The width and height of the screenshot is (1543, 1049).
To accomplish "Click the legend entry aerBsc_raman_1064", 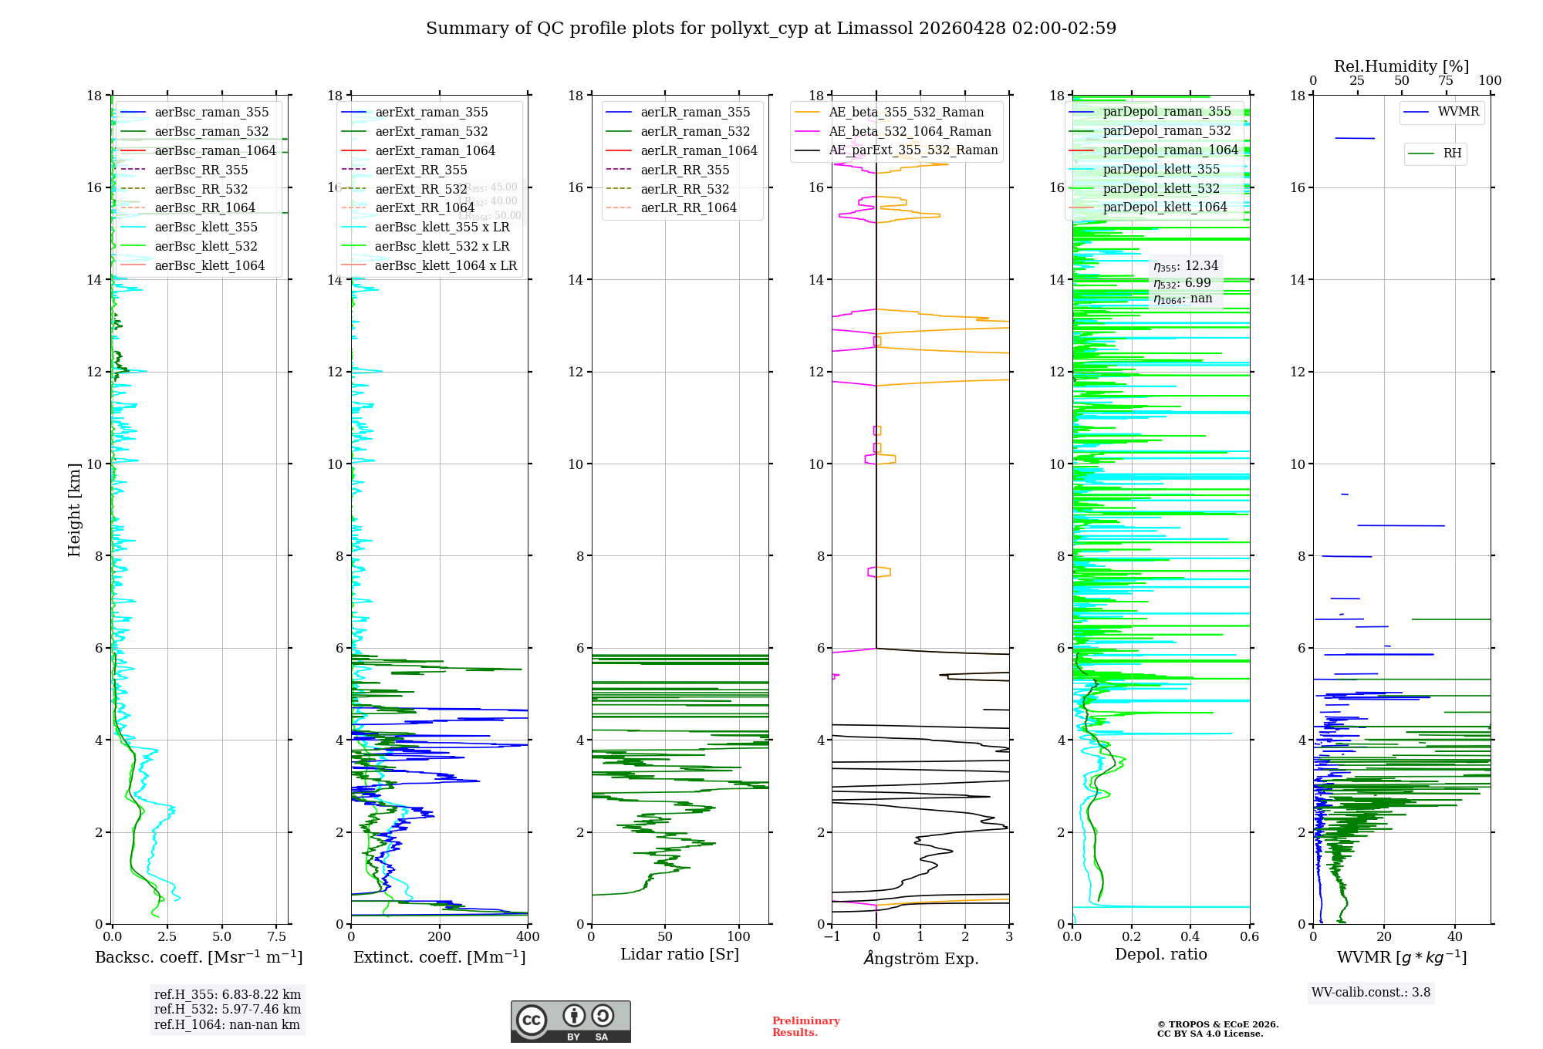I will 214,151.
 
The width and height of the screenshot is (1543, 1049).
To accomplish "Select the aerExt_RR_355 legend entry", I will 421,170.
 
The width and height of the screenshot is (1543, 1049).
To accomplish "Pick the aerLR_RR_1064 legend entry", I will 688,208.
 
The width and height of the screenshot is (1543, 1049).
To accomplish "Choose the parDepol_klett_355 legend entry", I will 1161,170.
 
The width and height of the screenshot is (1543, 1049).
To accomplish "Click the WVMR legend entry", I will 1458,113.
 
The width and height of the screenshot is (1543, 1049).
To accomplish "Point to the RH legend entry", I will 1452,153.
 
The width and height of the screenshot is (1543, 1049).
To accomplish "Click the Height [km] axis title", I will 74,510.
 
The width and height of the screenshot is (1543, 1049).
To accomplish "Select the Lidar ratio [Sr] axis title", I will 680,955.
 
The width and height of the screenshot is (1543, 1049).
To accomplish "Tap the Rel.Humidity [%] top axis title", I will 1401,67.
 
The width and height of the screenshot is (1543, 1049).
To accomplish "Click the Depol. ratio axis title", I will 1160,955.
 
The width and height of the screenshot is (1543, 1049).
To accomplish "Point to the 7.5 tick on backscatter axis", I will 277,937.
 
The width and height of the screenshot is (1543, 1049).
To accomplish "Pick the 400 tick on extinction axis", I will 528,937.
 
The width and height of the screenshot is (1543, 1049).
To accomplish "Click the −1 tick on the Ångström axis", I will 832,937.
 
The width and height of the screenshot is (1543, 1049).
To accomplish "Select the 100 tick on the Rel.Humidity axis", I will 1490,81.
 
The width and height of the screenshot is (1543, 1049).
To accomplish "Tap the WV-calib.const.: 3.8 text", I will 1371,993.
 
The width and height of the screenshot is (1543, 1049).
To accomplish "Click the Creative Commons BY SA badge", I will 570,1021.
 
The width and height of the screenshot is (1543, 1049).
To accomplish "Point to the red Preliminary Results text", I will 805,1027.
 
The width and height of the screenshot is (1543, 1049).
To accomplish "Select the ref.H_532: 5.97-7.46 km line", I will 228,1010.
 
